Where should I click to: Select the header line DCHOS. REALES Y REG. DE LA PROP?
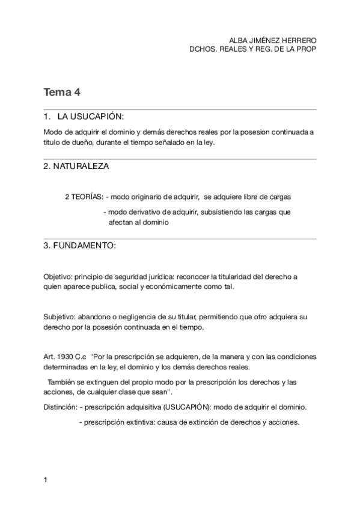pyautogui.click(x=252, y=49)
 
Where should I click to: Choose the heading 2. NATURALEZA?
pyautogui.click(x=76, y=166)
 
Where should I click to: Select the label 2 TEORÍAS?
pyautogui.click(x=84, y=197)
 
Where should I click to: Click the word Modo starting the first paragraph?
pyautogui.click(x=53, y=132)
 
